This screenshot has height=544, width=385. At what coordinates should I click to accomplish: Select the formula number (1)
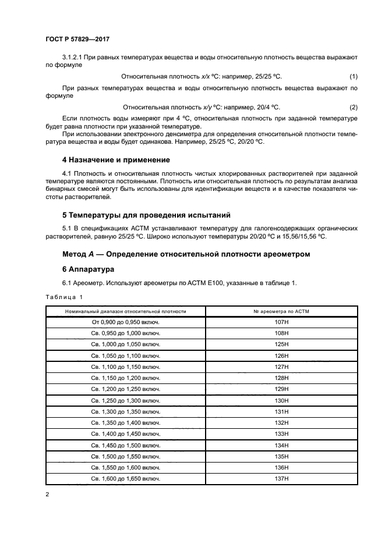pyautogui.click(x=353, y=77)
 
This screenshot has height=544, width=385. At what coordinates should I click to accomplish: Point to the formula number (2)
pyautogui.click(x=353, y=107)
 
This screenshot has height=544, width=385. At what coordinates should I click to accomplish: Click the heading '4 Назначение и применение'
pyautogui.click(x=116, y=159)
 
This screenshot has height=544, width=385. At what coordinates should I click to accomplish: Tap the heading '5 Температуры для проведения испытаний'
pyautogui.click(x=146, y=214)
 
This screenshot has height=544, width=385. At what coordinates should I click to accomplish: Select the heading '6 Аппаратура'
pyautogui.click(x=89, y=271)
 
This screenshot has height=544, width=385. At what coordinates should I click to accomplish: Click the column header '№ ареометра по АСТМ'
pyautogui.click(x=282, y=311)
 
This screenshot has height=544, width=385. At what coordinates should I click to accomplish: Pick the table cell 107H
pyautogui.click(x=282, y=322)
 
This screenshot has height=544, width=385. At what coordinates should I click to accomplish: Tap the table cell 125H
pyautogui.click(x=282, y=344)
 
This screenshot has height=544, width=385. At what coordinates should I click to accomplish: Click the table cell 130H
pyautogui.click(x=282, y=400)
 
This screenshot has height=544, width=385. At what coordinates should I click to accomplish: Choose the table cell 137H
pyautogui.click(x=282, y=478)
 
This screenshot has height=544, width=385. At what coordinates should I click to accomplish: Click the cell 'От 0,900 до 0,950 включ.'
pyautogui.click(x=126, y=322)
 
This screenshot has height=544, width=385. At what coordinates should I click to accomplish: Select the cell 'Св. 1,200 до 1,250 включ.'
pyautogui.click(x=126, y=389)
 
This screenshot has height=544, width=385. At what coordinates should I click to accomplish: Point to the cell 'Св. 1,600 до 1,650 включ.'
pyautogui.click(x=126, y=478)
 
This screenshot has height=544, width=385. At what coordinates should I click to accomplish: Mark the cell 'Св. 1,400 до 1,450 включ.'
pyautogui.click(x=126, y=434)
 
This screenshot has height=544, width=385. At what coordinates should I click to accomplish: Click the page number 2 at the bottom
pyautogui.click(x=47, y=495)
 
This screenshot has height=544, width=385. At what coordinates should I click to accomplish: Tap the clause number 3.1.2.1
pyautogui.click(x=72, y=57)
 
